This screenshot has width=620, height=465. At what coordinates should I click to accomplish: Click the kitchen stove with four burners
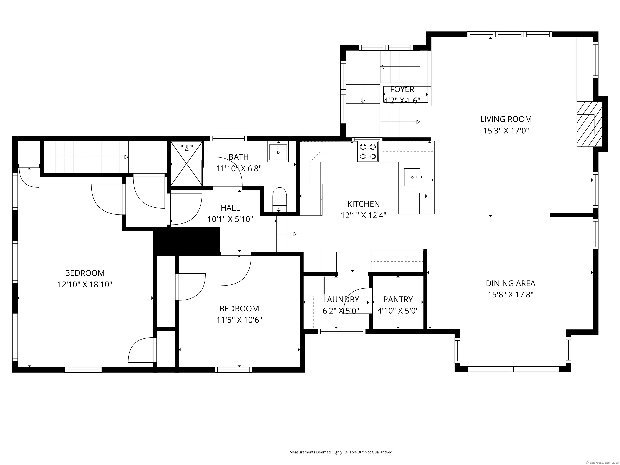point(368,152)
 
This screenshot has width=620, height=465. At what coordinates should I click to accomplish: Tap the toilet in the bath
point(280,198)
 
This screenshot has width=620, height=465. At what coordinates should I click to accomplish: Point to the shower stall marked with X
point(186,164)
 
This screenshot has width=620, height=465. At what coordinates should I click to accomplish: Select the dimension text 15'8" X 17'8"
point(510,295)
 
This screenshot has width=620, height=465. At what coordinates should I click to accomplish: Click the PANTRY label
point(398,299)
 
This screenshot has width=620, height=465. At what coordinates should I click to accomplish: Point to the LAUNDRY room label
point(341,299)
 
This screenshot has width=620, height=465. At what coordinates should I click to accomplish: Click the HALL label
point(230,208)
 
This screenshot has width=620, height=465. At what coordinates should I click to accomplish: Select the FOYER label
point(402,89)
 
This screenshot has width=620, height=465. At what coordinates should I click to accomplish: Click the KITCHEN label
point(363,204)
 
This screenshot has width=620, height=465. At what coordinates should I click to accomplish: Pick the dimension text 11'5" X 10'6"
point(239,320)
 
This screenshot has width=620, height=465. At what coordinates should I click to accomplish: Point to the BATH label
point(239,157)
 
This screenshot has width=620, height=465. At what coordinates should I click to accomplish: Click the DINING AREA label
point(510,283)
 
